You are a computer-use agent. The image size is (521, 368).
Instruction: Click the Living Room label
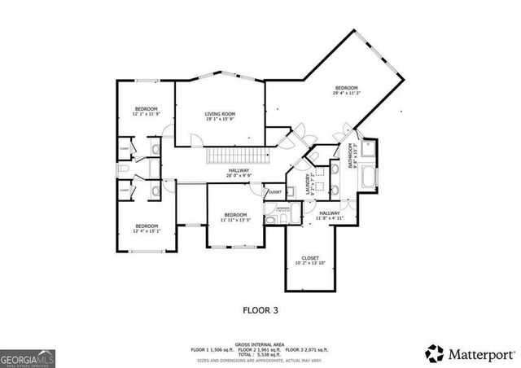click(x=220, y=116)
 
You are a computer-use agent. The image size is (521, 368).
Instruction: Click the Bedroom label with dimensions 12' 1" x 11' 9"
click(x=146, y=112)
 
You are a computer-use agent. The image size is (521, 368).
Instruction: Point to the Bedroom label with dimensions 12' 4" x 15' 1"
click(x=146, y=228)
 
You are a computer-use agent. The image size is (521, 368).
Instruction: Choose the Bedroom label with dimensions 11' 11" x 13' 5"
click(x=235, y=217)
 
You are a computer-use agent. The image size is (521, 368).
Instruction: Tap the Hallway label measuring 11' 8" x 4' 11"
click(x=330, y=216)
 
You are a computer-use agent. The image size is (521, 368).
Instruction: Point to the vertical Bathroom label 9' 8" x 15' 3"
click(x=352, y=155)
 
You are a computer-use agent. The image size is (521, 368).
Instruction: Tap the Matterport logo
click(x=470, y=354)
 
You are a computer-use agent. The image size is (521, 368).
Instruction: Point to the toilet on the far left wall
click(x=123, y=169)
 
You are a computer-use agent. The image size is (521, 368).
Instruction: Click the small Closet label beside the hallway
click(x=274, y=192)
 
